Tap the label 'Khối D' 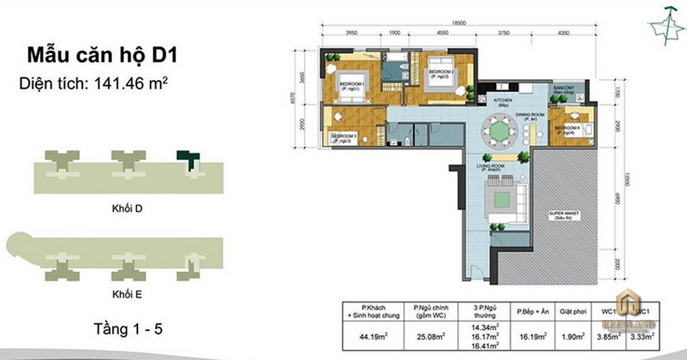(x=127, y=209)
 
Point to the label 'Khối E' (x=127, y=295)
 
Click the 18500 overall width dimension (x=456, y=22)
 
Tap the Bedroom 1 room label (x=351, y=85)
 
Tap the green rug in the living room (x=503, y=199)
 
